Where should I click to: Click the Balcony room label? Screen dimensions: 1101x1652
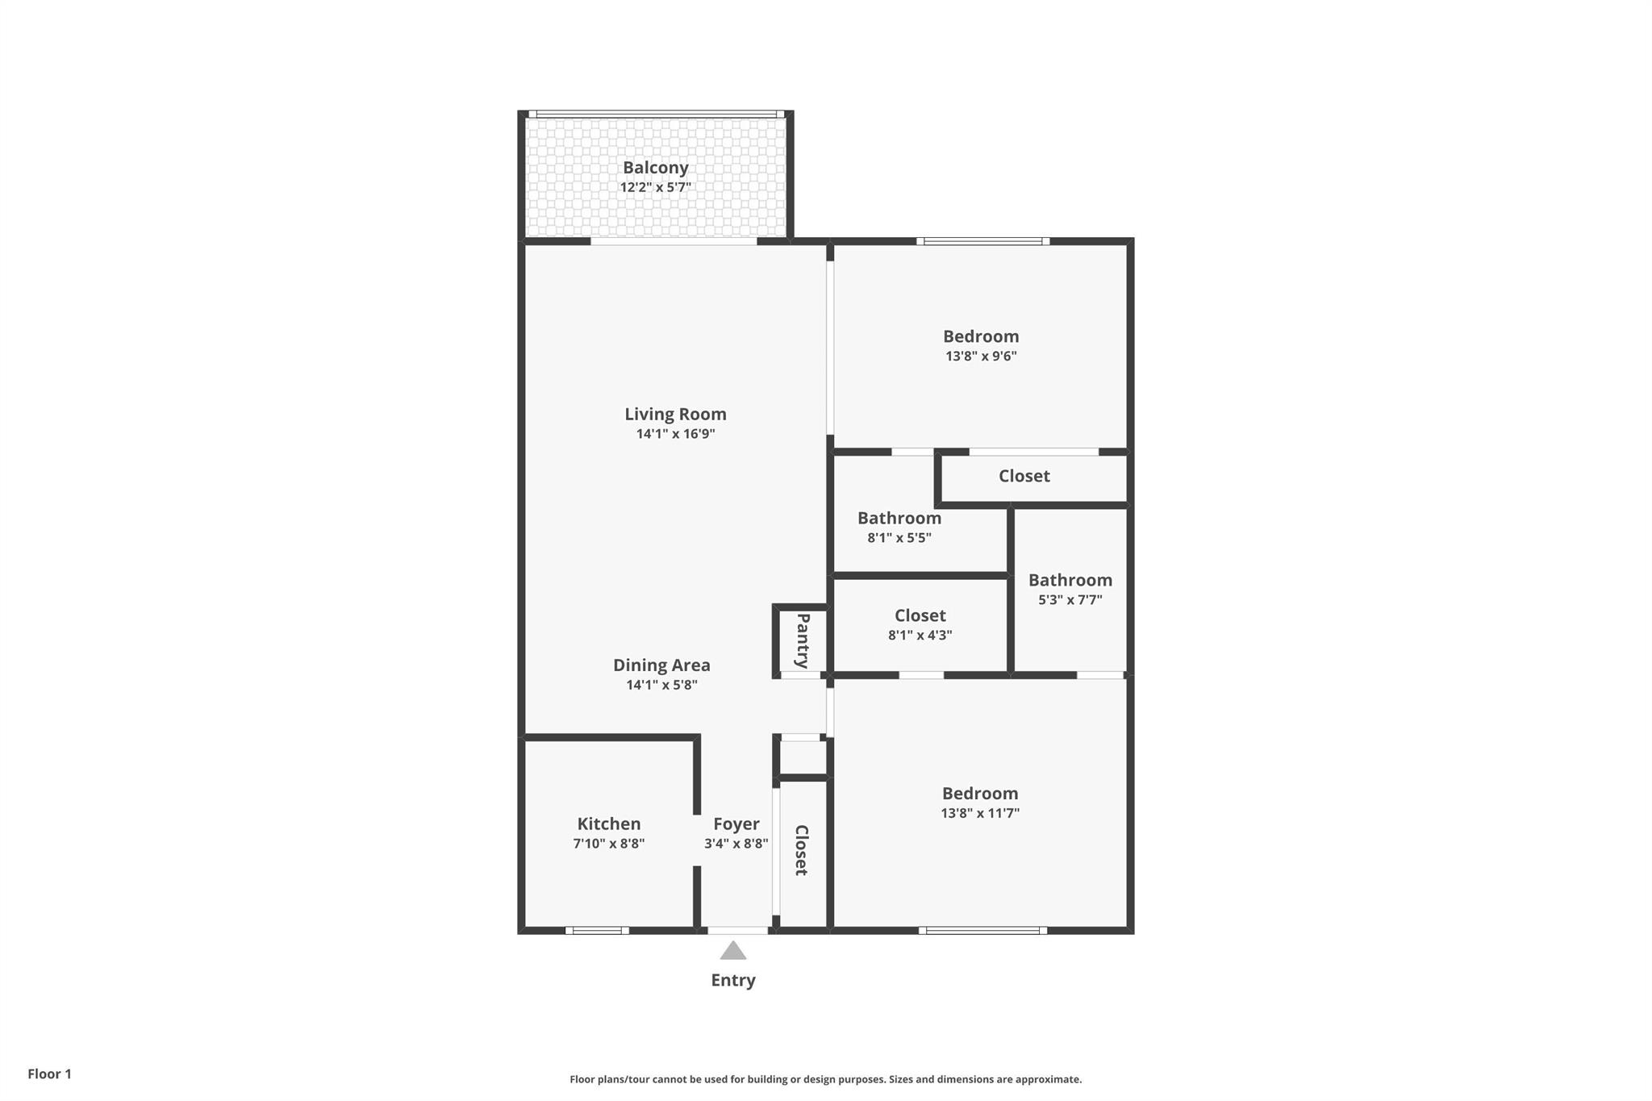point(655,168)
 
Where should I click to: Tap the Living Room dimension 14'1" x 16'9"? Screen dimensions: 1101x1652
point(675,434)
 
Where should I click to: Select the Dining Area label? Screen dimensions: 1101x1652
point(661,665)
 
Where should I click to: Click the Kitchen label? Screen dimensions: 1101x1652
point(608,824)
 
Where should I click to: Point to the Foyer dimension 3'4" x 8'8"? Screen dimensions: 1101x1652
point(736,844)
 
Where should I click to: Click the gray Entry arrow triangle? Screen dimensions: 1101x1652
point(732,952)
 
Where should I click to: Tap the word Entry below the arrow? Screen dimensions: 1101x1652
point(732,980)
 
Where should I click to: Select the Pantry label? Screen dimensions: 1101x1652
point(803,641)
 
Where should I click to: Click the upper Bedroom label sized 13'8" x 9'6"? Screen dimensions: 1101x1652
point(981,336)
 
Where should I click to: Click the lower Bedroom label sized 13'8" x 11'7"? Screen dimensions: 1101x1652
point(980,794)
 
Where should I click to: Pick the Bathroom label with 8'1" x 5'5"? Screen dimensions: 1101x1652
point(899,518)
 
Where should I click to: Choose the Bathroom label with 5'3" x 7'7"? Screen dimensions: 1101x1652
point(1070,580)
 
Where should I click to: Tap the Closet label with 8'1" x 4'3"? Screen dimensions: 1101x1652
point(920,615)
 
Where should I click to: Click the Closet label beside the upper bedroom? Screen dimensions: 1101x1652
point(1024,476)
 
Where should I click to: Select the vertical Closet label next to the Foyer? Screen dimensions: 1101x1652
point(801,850)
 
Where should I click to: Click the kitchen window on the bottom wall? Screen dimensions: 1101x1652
point(597,930)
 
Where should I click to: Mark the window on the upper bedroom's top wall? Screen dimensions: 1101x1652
point(982,241)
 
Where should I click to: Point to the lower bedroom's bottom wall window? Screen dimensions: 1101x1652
point(982,930)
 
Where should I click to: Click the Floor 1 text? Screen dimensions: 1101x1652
point(49,1074)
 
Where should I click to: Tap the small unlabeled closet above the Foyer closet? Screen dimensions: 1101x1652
point(802,758)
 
